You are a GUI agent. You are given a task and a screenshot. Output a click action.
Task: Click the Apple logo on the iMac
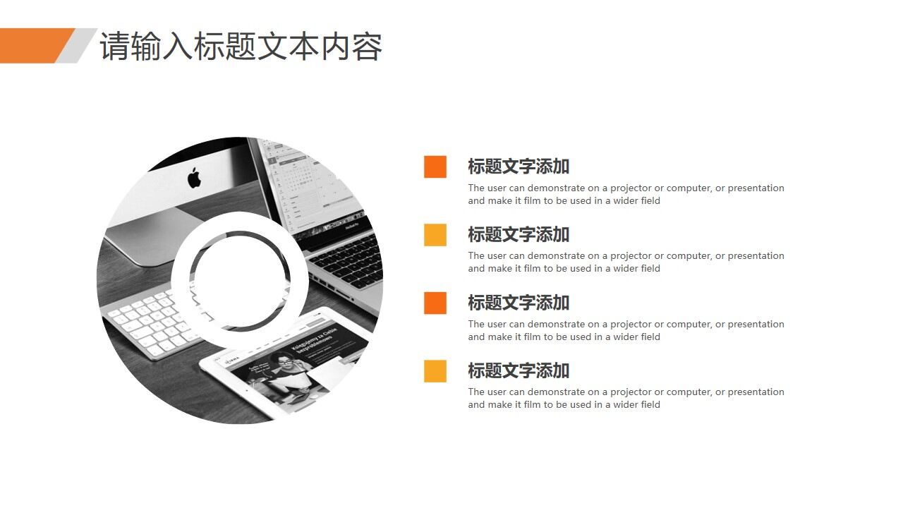tap(194, 177)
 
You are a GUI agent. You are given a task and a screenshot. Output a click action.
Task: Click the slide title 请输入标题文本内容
tap(241, 47)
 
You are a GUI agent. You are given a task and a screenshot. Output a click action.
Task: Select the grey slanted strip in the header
tap(76, 45)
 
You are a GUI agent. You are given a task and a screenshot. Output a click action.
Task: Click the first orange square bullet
tap(435, 167)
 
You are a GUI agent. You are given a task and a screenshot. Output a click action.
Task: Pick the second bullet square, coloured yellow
tap(435, 234)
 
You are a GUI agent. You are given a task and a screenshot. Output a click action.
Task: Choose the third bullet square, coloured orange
tap(435, 303)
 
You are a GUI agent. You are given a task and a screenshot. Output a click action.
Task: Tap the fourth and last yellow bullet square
tap(435, 370)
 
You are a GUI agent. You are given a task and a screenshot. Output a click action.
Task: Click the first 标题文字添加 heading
tap(519, 167)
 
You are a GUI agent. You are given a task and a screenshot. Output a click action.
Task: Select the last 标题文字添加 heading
tap(519, 370)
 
